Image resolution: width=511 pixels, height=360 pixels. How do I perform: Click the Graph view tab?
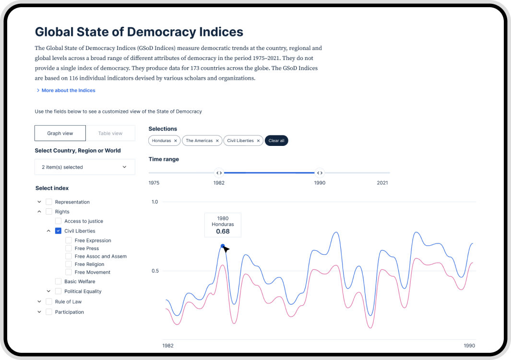click(60, 133)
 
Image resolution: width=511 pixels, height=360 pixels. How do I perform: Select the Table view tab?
click(110, 133)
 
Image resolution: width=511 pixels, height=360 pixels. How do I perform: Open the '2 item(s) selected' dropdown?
click(84, 167)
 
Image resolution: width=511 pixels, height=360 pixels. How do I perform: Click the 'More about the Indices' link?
click(68, 90)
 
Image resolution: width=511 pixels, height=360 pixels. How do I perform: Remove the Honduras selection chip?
click(176, 141)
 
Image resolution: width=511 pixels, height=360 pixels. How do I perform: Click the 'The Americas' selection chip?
click(199, 141)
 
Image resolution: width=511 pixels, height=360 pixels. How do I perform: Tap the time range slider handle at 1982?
click(219, 173)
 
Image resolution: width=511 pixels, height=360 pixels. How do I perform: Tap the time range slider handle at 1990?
click(320, 173)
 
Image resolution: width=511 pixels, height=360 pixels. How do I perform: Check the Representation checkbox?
click(49, 202)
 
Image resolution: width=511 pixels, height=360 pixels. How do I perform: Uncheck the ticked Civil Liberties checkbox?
click(58, 231)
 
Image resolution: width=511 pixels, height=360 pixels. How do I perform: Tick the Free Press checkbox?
click(69, 249)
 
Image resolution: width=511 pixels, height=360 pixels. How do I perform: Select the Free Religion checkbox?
click(69, 264)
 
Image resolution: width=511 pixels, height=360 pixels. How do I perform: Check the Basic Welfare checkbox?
click(58, 282)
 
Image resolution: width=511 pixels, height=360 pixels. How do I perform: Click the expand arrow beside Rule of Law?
click(39, 302)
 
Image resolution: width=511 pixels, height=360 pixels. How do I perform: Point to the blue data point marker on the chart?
click(223, 246)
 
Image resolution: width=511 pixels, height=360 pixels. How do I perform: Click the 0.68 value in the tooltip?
click(223, 231)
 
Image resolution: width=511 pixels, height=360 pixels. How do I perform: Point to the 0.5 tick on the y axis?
click(155, 271)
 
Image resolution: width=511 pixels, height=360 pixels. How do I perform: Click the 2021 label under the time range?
click(382, 183)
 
